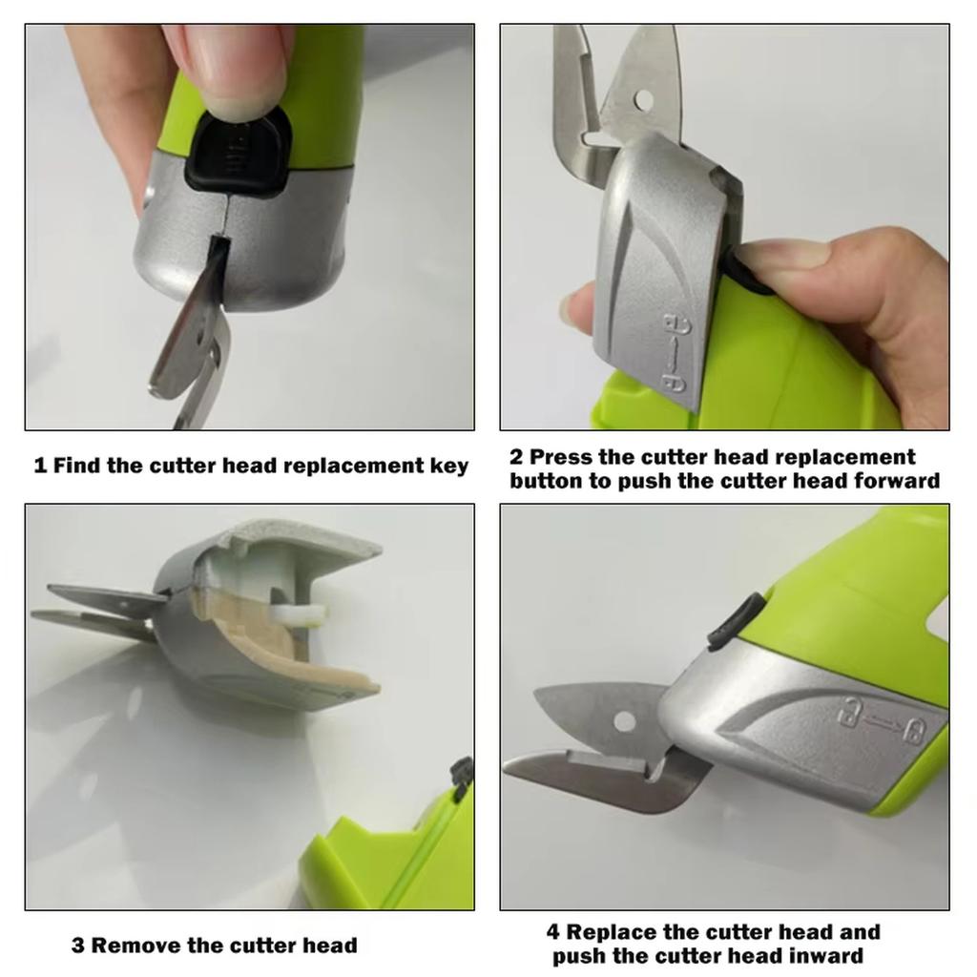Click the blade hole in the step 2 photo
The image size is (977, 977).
[x=643, y=98]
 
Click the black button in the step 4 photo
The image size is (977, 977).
[x=736, y=619]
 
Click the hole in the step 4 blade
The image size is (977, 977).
[x=625, y=721]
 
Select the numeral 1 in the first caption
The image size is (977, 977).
[x=40, y=467]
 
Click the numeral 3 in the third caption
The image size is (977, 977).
[x=78, y=946]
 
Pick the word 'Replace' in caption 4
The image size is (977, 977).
[x=611, y=932]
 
